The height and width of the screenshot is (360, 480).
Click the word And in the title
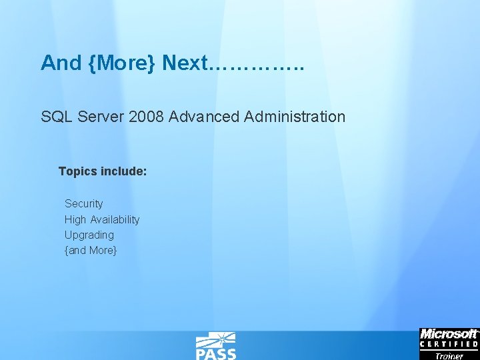point(61,63)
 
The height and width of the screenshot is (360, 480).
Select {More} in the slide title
point(122,63)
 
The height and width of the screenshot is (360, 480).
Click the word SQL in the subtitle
point(57,117)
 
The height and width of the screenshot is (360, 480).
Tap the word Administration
point(295,117)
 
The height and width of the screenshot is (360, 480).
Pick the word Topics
point(78,171)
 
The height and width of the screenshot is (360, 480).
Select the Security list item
point(84,203)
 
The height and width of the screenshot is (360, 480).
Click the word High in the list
point(75,219)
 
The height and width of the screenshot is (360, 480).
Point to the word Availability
point(115,219)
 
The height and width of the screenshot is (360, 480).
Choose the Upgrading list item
point(89,235)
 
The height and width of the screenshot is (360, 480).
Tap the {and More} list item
point(91,251)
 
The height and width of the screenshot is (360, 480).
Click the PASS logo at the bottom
point(215,347)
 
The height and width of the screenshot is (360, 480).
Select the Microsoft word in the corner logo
point(449,334)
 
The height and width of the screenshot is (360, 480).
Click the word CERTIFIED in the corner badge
point(449,345)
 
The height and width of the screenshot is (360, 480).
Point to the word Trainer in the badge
point(449,355)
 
